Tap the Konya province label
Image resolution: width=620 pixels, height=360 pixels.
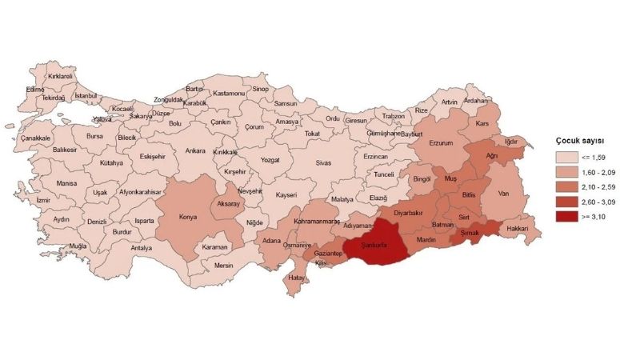click(x=188, y=217)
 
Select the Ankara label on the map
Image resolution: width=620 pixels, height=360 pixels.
click(x=195, y=150)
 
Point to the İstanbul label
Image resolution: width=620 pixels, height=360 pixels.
click(x=85, y=96)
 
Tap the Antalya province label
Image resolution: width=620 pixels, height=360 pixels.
click(x=142, y=248)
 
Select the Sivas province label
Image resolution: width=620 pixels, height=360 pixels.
click(x=323, y=162)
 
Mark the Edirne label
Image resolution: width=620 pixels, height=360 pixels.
click(x=35, y=90)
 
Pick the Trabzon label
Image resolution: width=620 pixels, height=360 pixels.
click(x=393, y=116)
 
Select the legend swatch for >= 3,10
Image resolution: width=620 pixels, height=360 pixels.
click(x=569, y=215)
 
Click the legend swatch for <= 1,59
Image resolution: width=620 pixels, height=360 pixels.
click(x=569, y=158)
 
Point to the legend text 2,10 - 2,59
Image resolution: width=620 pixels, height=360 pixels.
click(x=598, y=186)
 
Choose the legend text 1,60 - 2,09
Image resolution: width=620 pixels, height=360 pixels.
click(x=598, y=172)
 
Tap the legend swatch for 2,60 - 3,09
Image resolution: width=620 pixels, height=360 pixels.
click(x=569, y=201)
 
